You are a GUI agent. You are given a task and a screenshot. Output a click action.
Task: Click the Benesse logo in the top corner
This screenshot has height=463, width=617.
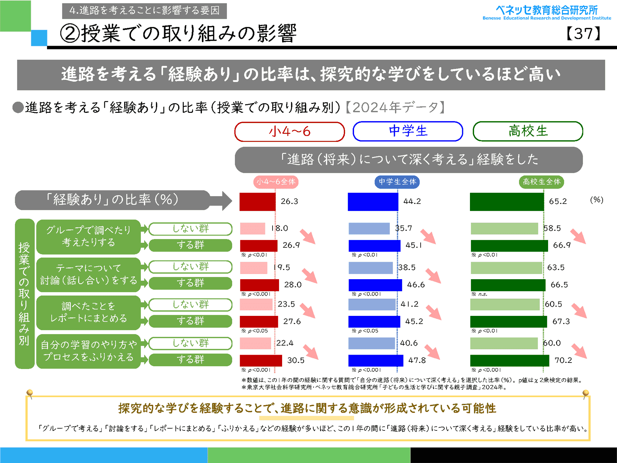pyautogui.click(x=546, y=13)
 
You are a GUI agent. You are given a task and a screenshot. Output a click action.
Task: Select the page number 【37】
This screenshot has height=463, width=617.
pyautogui.click(x=583, y=34)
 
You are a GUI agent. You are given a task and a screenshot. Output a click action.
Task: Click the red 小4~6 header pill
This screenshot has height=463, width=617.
pyautogui.click(x=290, y=132)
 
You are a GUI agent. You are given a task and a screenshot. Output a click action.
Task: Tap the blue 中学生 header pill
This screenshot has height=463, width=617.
pyautogui.click(x=408, y=131)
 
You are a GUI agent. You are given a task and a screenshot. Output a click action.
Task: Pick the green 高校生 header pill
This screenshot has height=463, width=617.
pyautogui.click(x=528, y=131)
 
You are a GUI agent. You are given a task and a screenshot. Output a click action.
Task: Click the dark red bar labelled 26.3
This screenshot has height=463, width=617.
pyautogui.click(x=257, y=202)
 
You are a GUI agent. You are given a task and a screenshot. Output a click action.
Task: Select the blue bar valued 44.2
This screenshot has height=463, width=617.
pyautogui.click(x=373, y=202)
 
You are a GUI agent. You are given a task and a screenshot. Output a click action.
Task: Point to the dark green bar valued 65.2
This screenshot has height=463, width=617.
pyautogui.click(x=507, y=202)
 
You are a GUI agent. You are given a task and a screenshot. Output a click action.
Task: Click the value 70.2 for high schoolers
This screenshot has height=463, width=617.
pyautogui.click(x=563, y=360)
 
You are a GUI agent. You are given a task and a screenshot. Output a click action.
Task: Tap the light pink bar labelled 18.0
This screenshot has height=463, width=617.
pyautogui.click(x=253, y=228)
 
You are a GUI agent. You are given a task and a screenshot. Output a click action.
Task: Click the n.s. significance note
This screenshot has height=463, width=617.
pyautogui.click(x=483, y=294)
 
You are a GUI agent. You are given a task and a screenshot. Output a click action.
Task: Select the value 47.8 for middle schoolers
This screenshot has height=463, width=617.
pyautogui.click(x=417, y=360)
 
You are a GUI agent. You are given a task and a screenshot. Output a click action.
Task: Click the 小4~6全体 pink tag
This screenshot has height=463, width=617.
pyautogui.click(x=276, y=182)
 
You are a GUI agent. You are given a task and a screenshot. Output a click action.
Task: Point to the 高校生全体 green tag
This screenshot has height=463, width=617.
pyautogui.click(x=542, y=182)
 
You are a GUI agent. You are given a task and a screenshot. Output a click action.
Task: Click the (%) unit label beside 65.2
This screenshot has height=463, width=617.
pyautogui.click(x=596, y=200)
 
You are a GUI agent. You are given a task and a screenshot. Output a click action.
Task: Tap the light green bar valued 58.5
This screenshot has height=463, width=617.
pyautogui.click(x=504, y=228)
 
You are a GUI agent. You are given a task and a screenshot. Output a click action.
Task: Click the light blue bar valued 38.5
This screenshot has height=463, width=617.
pyautogui.click(x=371, y=268)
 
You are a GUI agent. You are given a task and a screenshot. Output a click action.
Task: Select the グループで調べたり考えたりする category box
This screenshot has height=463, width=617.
pyautogui.click(x=89, y=237)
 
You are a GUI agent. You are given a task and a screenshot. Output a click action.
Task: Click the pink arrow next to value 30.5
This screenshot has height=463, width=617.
pyautogui.click(x=311, y=352)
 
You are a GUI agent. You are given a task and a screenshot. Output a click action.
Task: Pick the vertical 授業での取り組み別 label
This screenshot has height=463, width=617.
pyautogui.click(x=24, y=294)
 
